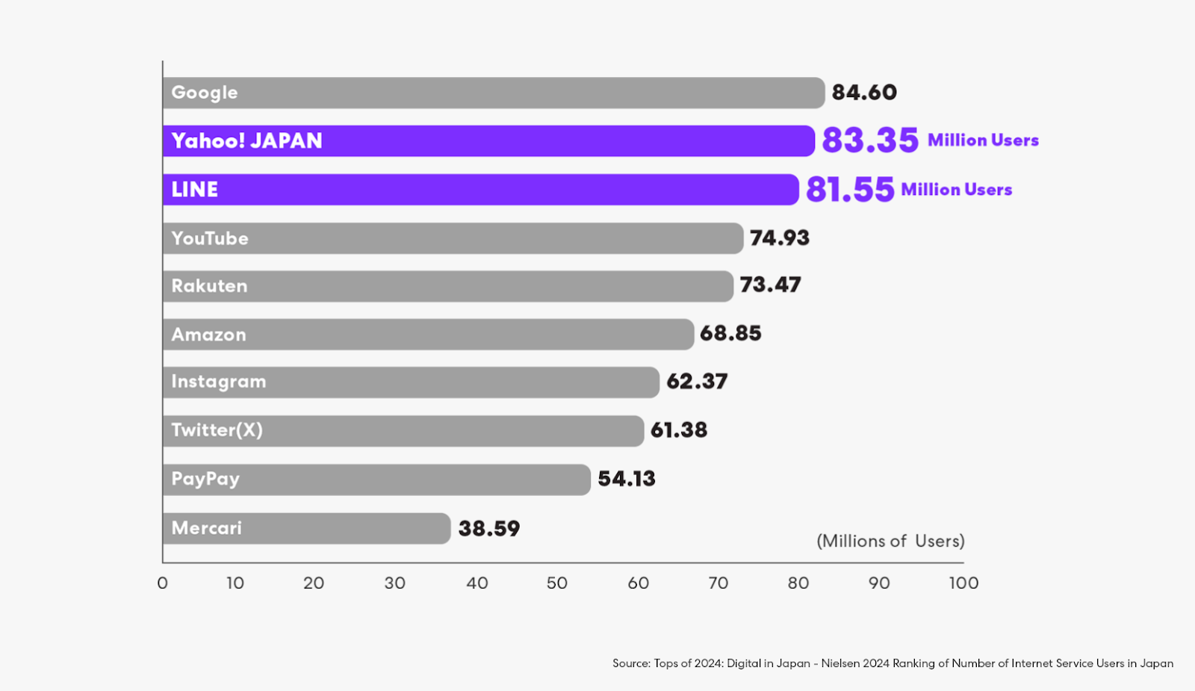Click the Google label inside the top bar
coord(205,93)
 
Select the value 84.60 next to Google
coord(864,93)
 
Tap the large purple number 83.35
coord(870,140)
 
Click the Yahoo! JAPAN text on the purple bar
coord(246,141)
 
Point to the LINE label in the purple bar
coord(195,190)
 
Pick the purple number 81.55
coord(850,190)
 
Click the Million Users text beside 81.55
coord(957,190)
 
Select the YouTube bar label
coord(210,238)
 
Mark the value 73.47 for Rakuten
coord(770,285)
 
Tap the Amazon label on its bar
coord(208,335)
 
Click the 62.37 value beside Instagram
coord(697,382)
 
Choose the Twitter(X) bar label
coord(217,430)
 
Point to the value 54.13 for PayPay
coord(627,479)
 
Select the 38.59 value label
coord(489,529)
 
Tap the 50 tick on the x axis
coord(557,583)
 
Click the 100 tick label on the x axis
coord(963,583)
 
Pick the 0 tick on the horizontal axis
coord(163,583)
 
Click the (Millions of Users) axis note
coord(890,541)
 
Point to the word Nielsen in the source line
coord(840,663)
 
